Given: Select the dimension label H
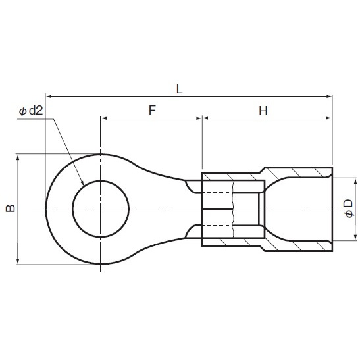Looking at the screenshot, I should (262, 111).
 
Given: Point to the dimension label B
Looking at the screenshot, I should (10, 209).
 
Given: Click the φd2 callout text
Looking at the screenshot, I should (31, 112).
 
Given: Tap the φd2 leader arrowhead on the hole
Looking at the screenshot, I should (82, 184).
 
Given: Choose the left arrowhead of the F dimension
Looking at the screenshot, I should (104, 119).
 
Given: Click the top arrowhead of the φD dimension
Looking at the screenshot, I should (355, 182).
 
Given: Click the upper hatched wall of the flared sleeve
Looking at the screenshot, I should (296, 172).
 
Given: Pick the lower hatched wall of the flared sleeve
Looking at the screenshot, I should (296, 245).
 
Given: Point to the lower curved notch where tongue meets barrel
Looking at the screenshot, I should (192, 231).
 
